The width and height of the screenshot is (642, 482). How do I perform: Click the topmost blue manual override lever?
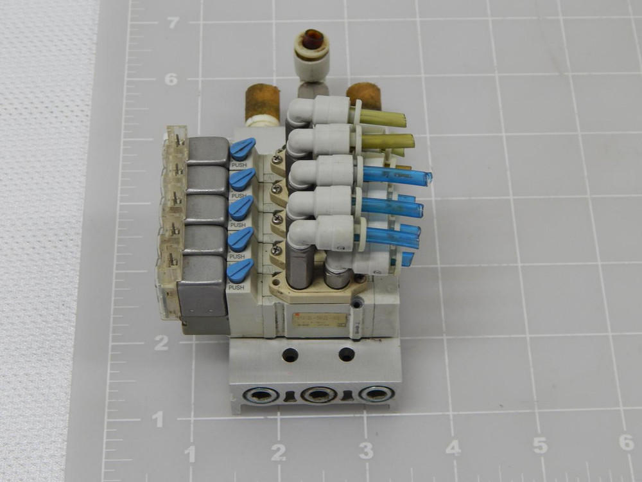coord(242,150)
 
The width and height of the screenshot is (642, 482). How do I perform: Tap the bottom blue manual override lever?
coord(239,271)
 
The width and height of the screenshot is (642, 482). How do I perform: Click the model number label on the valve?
coord(319,320)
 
